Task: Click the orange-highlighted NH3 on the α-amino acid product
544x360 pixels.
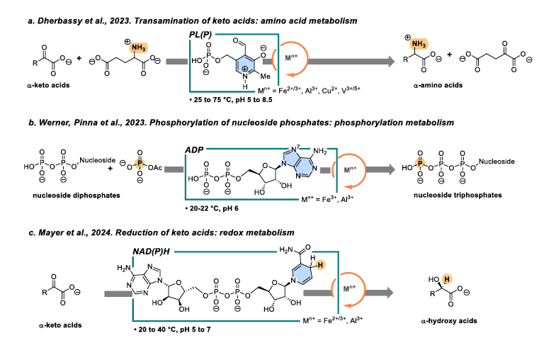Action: pyautogui.click(x=416, y=45)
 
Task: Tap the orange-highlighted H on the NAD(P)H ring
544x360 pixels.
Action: pyautogui.click(x=339, y=264)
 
